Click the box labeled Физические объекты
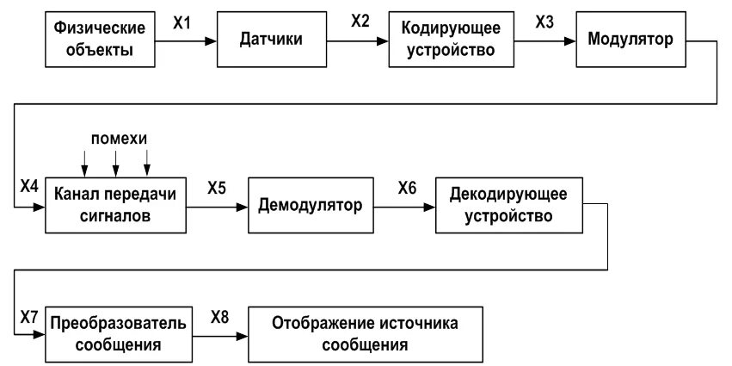click(x=100, y=39)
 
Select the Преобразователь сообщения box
click(x=117, y=334)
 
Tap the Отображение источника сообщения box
click(x=366, y=334)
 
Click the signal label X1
click(x=181, y=23)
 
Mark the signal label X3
click(x=544, y=23)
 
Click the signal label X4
click(x=28, y=188)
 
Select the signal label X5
click(x=217, y=188)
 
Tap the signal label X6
click(x=407, y=188)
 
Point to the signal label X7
click(x=28, y=317)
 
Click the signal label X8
click(x=220, y=317)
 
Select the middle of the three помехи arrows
click(x=115, y=162)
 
